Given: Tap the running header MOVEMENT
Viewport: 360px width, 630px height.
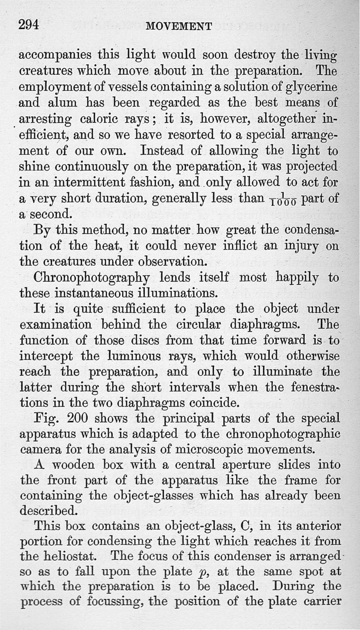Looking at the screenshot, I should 179,27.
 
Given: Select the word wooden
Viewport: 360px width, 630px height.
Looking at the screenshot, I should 66,465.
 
